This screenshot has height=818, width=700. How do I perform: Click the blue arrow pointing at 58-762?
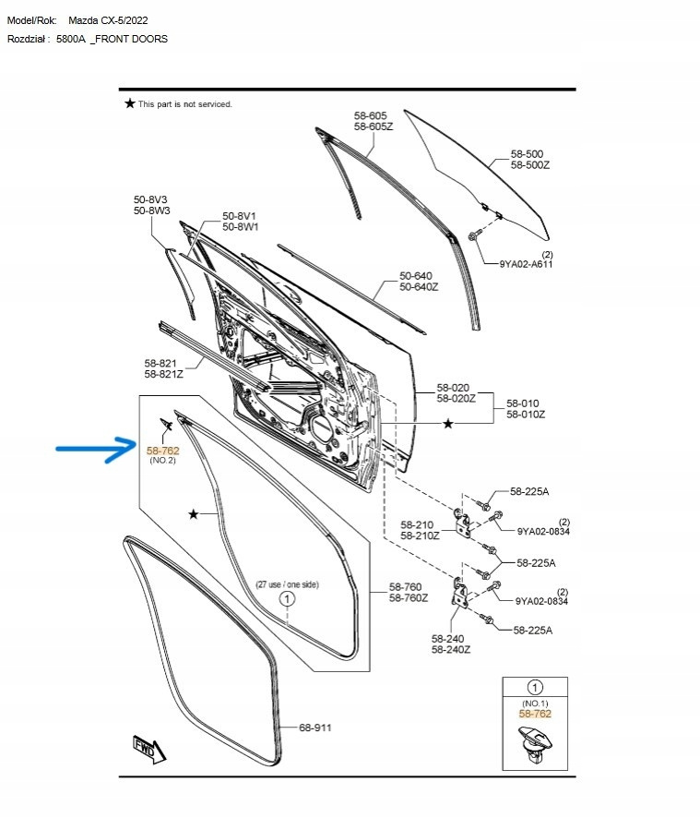click(97, 449)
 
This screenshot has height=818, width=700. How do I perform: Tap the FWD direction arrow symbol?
click(149, 749)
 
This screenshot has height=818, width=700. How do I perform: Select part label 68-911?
click(314, 728)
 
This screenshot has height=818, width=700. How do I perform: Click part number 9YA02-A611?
click(526, 264)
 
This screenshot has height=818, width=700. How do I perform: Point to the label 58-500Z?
click(530, 165)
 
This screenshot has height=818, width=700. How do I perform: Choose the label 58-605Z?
click(374, 126)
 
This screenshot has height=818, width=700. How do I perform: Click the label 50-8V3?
click(150, 199)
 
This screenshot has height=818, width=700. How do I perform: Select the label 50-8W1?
click(241, 227)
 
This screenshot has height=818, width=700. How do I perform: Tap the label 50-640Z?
click(419, 287)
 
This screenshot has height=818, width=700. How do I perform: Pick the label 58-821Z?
click(163, 374)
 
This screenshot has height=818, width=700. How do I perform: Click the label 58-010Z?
click(526, 415)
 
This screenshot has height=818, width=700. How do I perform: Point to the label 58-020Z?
click(457, 399)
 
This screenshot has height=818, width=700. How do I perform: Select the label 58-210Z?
click(420, 535)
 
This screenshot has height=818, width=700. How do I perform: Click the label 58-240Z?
click(451, 649)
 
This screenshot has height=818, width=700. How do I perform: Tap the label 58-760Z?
click(409, 598)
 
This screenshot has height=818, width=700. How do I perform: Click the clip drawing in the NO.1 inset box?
click(535, 743)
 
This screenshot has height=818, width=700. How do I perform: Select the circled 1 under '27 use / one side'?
click(287, 598)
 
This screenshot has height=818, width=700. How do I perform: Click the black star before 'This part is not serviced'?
click(130, 103)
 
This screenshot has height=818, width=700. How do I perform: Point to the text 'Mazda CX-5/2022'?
click(108, 20)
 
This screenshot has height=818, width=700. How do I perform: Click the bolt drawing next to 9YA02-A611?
click(473, 235)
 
